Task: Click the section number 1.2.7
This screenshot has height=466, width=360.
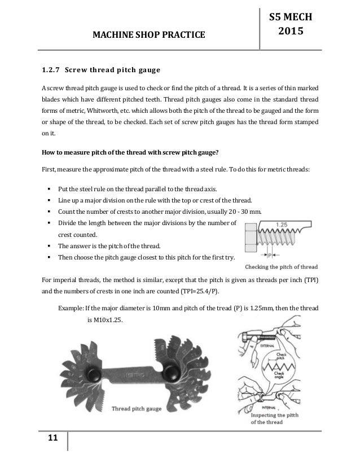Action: (x=50, y=71)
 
